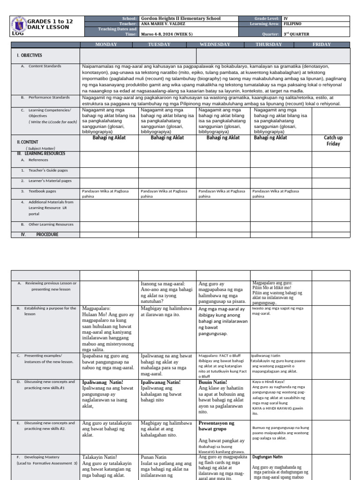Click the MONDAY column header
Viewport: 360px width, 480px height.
[109, 45]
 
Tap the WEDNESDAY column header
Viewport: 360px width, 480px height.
[215, 45]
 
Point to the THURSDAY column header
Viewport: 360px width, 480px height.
[269, 45]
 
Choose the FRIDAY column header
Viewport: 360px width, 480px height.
[322, 45]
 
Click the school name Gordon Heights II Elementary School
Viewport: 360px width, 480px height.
[180, 19]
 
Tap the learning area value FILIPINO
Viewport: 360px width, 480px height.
[293, 23]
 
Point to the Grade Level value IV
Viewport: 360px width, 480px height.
[286, 19]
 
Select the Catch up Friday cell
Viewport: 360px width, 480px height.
[333, 141]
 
